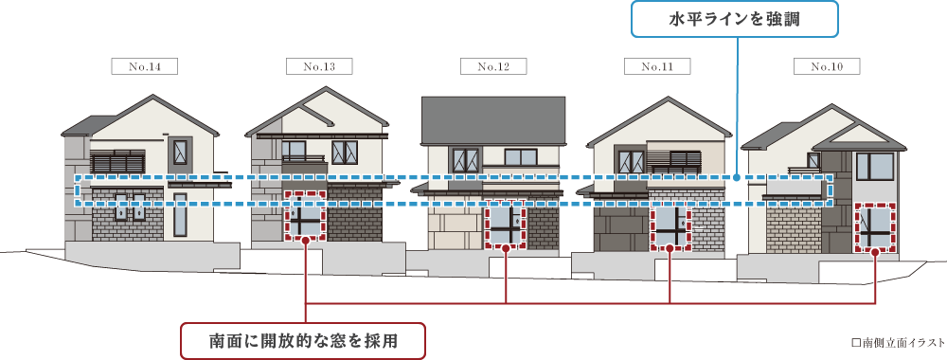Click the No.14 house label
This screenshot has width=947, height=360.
(144, 66)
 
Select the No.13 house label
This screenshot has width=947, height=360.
(319, 66)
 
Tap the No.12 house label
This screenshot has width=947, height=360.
(493, 66)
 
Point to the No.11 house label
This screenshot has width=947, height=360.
(657, 66)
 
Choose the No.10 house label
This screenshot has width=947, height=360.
(827, 66)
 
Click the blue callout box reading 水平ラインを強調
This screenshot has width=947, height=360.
(735, 19)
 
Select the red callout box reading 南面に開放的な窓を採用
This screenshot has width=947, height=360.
(303, 341)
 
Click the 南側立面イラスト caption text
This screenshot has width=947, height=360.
(899, 343)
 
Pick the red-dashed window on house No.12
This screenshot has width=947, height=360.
(505, 225)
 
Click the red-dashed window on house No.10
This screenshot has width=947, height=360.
(875, 228)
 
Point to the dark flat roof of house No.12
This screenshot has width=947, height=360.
(492, 121)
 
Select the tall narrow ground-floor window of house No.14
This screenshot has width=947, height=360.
(180, 215)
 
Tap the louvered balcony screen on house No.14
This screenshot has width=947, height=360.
(117, 161)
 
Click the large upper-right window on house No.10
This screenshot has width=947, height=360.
(874, 167)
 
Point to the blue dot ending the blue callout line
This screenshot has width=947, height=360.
(738, 177)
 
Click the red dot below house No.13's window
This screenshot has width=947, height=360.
(306, 241)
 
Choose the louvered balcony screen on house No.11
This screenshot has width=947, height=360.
(673, 161)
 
